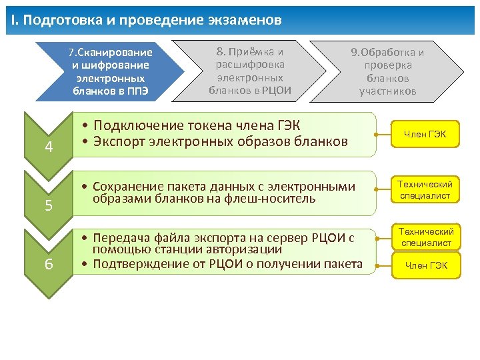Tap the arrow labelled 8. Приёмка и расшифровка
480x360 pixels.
point(250,70)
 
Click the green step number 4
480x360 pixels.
point(49,147)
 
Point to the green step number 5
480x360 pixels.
point(49,205)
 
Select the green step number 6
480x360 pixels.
point(49,264)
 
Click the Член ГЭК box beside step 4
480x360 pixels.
point(424,135)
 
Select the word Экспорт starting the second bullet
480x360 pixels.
point(120,141)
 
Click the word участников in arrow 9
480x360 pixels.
point(388,91)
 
